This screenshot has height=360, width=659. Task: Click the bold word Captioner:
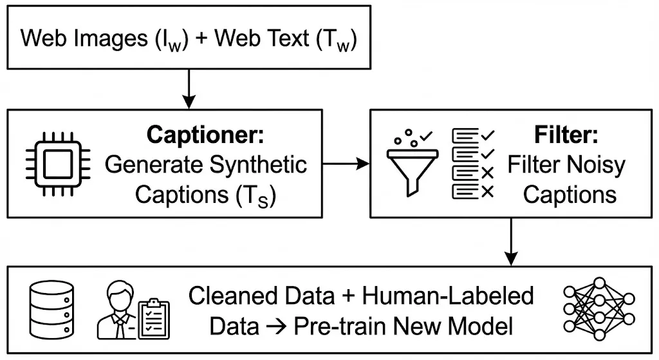[x=205, y=135]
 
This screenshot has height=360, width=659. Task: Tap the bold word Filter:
[x=566, y=135]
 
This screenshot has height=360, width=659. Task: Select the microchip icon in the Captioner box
[x=58, y=164]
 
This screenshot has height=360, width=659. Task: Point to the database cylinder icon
[x=51, y=310]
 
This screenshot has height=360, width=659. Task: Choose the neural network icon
[x=599, y=308]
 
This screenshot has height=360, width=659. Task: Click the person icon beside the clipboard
[x=118, y=310]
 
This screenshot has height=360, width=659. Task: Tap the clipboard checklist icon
[x=154, y=319]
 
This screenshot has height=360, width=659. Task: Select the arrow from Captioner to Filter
[x=346, y=164]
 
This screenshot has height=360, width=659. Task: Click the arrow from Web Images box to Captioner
[x=189, y=89]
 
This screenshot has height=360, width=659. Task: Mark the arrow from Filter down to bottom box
[x=511, y=242]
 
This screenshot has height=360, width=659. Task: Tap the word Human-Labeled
[x=448, y=296]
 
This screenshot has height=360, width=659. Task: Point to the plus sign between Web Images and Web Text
[x=201, y=39]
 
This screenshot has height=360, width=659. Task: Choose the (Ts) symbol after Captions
[x=255, y=196]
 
